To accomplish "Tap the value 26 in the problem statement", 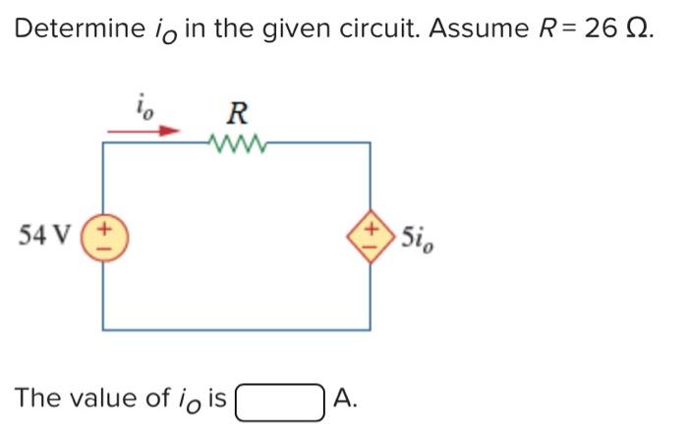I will click(602, 28).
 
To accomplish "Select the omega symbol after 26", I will click(640, 28).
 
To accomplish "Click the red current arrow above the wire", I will click(143, 129).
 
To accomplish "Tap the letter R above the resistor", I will click(237, 111).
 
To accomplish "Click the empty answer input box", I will click(280, 400).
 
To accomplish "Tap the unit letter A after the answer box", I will click(343, 399).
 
